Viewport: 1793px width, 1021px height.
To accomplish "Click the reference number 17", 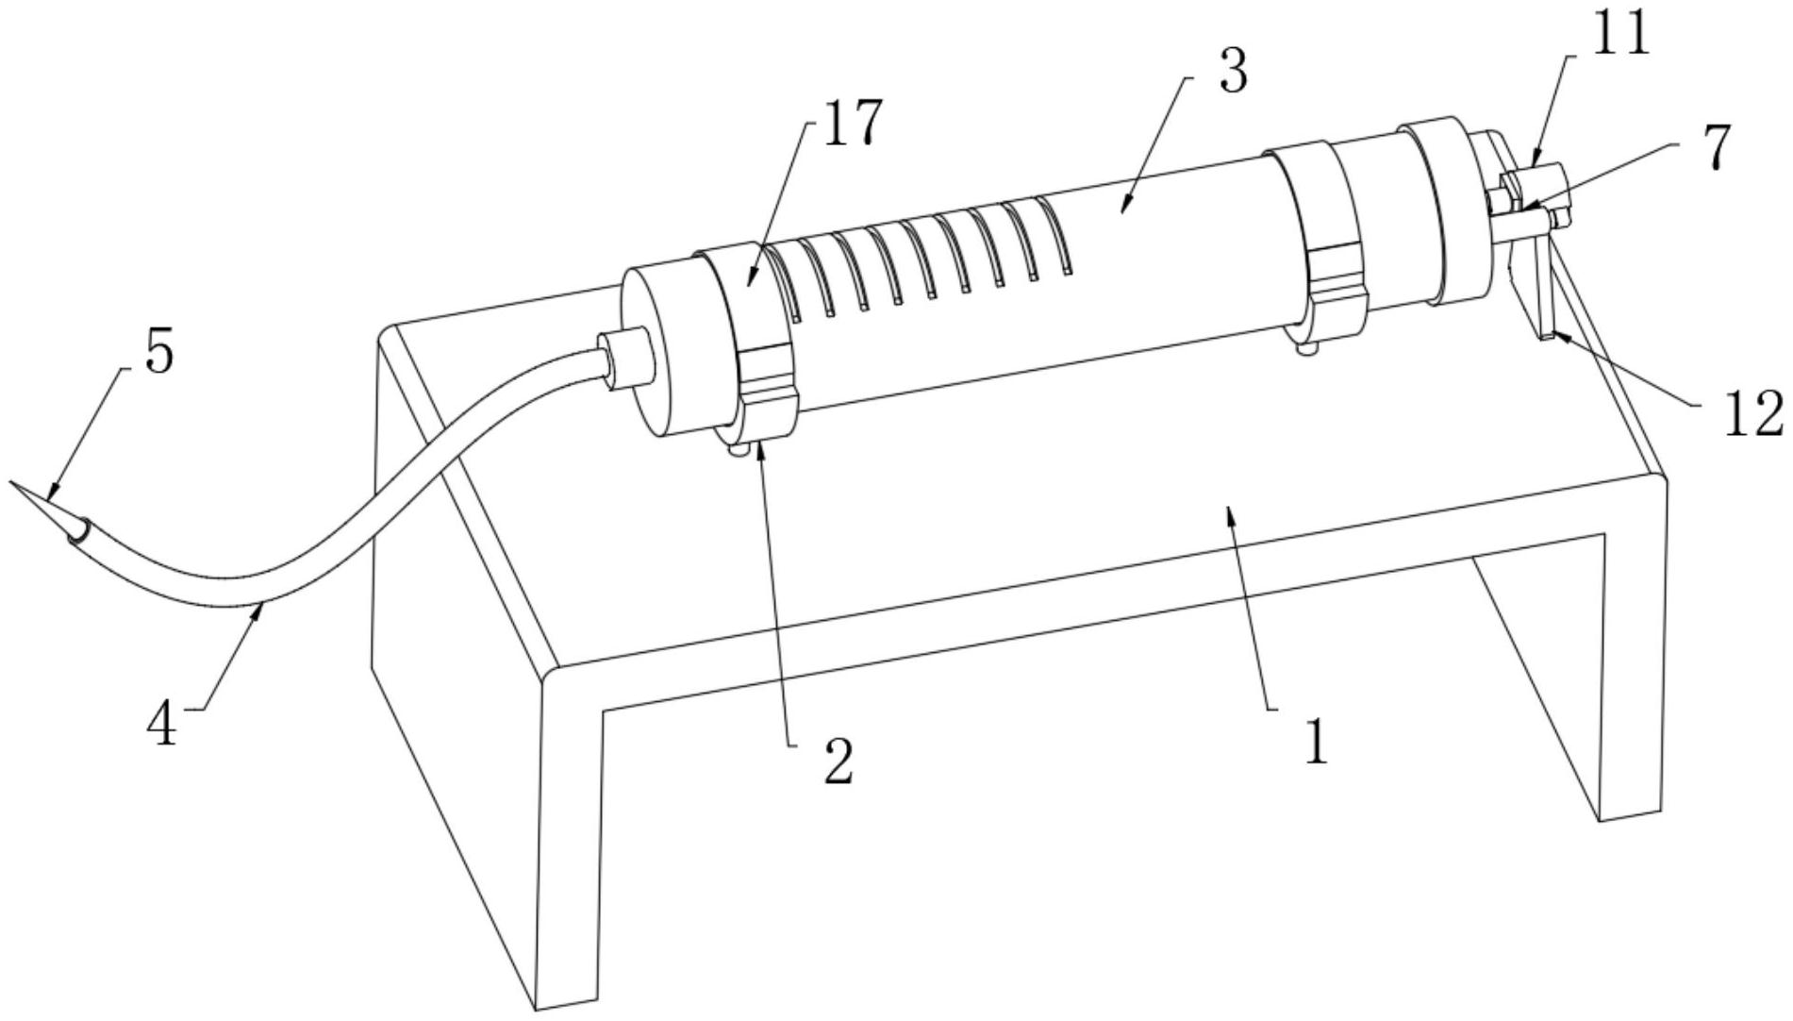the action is tap(853, 123).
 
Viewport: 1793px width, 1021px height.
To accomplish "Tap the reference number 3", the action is tap(1234, 71).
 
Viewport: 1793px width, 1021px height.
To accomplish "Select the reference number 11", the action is tap(1620, 34).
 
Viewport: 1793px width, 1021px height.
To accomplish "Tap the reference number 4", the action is tap(163, 725).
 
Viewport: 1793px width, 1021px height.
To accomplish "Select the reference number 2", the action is tap(838, 762).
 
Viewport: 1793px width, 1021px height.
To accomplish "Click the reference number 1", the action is tap(1315, 742).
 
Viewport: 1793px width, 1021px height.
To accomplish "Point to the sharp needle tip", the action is tap(13, 483).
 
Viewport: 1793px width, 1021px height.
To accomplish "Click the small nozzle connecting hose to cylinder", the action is tap(627, 357).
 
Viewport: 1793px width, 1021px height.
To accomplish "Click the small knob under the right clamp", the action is tap(1306, 349).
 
